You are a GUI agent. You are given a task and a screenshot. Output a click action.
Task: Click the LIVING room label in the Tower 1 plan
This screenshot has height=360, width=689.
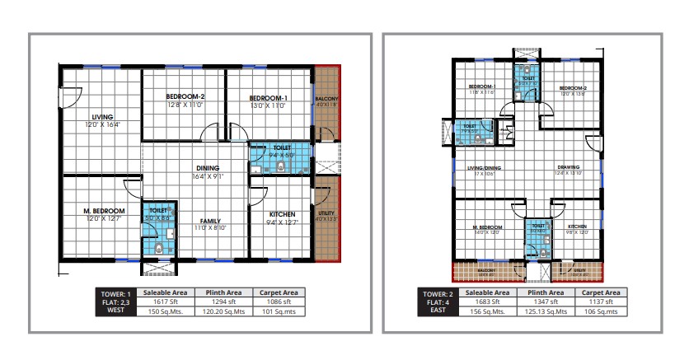103,117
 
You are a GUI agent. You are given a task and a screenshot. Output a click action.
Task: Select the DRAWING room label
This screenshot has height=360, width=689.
569,167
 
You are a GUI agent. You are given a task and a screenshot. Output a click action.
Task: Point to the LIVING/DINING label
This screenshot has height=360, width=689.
488,167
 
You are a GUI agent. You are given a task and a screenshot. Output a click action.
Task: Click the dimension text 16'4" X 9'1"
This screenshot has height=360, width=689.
208,175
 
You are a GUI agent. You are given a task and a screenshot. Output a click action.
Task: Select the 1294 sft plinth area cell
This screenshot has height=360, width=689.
223,302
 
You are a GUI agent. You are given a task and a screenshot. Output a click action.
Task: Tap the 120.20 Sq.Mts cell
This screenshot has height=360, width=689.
223,312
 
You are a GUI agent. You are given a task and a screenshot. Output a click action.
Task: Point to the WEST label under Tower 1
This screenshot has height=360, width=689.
116,312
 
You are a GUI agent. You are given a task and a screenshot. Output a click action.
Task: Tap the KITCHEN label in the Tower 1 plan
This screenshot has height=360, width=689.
282,214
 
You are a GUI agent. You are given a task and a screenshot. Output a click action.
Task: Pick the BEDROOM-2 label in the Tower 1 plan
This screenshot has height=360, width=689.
185,97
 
